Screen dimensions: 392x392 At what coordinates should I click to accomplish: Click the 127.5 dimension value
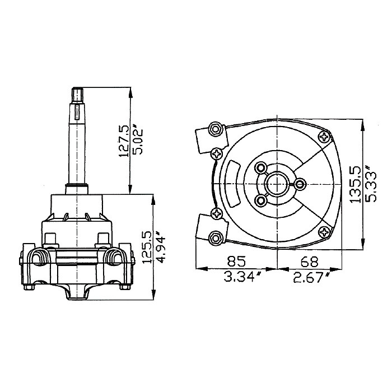pos(123,141)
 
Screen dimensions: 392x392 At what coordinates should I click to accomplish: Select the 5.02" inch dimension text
pos(138,141)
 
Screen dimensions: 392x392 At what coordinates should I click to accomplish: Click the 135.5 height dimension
pos(355,184)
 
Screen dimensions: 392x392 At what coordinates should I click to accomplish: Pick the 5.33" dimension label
pos(370,184)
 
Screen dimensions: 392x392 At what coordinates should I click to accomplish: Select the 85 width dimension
pos(236,261)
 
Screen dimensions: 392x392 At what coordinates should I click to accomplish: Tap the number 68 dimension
pos(310,261)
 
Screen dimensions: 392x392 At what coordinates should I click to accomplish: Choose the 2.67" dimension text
pos(311,277)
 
